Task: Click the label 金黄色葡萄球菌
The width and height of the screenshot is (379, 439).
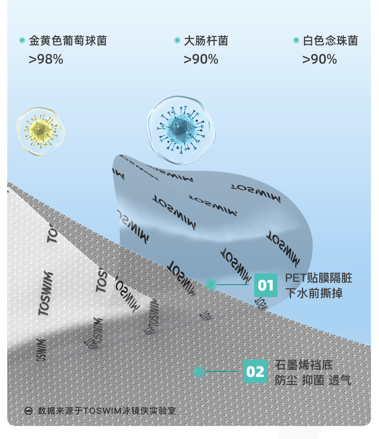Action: tap(68, 41)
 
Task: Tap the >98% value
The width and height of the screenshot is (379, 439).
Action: tap(46, 59)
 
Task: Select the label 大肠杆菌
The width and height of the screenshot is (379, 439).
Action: tap(206, 41)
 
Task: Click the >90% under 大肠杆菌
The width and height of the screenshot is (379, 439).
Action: tap(201, 59)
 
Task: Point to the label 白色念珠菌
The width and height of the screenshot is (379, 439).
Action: tap(330, 41)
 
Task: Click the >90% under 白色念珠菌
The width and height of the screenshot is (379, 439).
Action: tap(320, 59)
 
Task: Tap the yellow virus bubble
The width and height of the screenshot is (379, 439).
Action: tap(40, 132)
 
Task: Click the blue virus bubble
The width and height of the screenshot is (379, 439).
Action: tap(181, 128)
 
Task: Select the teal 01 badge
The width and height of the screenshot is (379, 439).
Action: tap(266, 285)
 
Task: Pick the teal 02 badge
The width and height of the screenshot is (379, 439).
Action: tap(255, 371)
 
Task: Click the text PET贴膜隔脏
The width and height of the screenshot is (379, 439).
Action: tap(319, 278)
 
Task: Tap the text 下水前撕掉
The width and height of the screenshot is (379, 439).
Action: tap(314, 293)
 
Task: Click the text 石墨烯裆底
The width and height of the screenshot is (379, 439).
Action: tap(304, 365)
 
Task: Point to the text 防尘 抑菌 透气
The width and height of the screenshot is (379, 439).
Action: tap(313, 380)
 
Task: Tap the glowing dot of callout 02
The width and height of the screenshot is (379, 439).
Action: tap(199, 371)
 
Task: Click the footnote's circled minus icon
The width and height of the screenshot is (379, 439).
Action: tap(29, 411)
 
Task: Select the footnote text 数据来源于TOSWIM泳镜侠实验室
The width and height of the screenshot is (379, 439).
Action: tap(107, 411)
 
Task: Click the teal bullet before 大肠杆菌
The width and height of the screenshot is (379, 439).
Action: tap(177, 40)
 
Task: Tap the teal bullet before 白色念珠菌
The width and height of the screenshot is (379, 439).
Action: tap(296, 40)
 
